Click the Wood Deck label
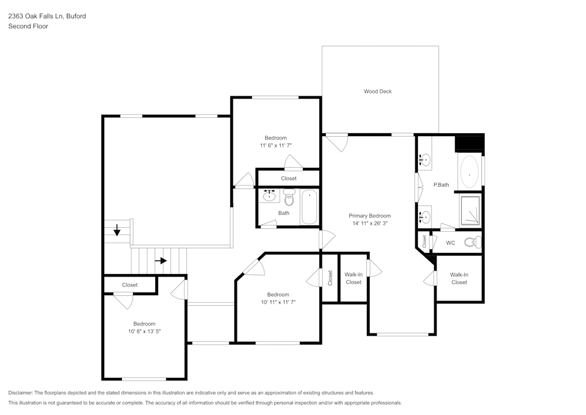(377, 91)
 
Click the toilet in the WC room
(472, 242)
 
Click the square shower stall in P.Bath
(470, 210)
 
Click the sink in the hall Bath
(270, 196)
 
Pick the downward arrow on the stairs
(117, 230)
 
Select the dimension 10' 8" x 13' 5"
(144, 331)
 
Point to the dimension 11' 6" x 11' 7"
(276, 145)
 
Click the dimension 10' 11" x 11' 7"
(278, 302)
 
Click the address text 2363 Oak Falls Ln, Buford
(47, 16)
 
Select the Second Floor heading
(28, 26)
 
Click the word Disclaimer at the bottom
(21, 392)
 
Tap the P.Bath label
(441, 185)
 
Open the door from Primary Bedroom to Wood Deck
(337, 141)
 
